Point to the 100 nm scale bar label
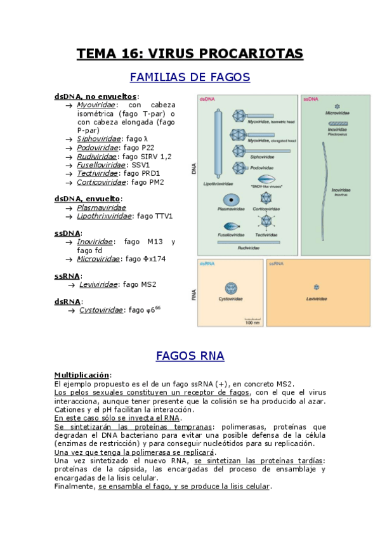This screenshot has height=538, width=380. click(252, 323)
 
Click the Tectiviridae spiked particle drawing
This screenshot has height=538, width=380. click(265, 222)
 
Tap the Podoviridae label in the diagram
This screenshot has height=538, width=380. click(263, 168)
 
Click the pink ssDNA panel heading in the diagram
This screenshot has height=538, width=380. click(311, 100)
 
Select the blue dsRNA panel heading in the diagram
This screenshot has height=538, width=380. click(207, 263)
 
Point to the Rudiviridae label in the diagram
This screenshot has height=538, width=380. click(249, 248)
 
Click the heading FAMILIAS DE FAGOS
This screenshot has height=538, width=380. click(190, 77)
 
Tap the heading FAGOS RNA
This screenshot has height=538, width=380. click(190, 356)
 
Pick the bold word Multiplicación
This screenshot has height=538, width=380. click(82, 375)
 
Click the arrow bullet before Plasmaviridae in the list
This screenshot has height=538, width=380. click(69, 208)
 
